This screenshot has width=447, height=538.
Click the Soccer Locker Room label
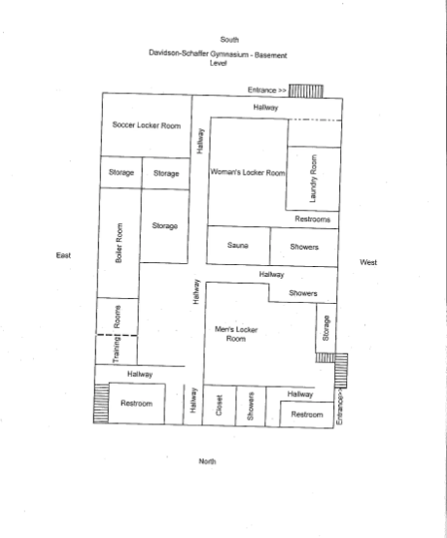click(147, 125)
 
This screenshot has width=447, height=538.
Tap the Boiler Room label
click(119, 243)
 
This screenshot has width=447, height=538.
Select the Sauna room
click(238, 245)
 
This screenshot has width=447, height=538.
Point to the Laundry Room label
click(313, 179)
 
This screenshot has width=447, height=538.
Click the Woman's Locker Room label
click(248, 172)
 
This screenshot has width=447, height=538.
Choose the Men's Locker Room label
click(236, 334)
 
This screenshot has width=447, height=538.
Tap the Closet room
click(219, 405)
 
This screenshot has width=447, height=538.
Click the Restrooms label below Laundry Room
click(313, 219)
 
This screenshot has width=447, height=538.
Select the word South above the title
click(229, 40)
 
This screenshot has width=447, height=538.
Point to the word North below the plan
click(207, 461)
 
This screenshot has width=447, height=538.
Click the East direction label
click(63, 255)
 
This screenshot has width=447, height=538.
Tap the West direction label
click(368, 262)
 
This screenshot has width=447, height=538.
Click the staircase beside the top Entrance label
click(306, 91)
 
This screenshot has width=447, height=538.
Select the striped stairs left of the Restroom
click(101, 404)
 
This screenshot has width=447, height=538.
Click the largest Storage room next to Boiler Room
click(164, 225)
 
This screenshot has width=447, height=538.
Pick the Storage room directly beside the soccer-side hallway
click(166, 173)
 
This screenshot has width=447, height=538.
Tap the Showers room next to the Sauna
click(304, 247)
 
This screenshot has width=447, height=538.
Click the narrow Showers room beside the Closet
click(251, 406)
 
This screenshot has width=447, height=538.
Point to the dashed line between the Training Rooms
click(118, 335)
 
